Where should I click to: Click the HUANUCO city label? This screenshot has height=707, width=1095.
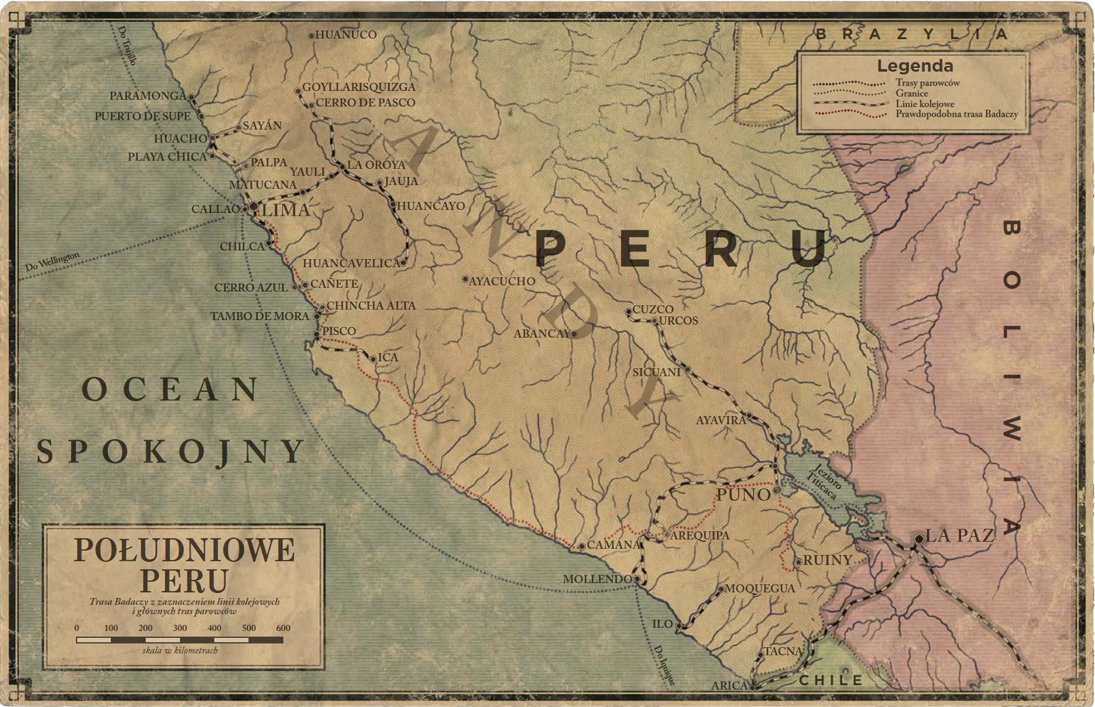(346, 35)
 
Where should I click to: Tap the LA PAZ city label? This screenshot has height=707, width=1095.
(959, 535)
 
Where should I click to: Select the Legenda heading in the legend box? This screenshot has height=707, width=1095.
(914, 66)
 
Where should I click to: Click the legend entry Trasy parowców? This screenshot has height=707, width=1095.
(927, 83)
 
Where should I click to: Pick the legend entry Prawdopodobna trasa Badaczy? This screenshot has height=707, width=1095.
(957, 114)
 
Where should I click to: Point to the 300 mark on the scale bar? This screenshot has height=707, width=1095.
(180, 628)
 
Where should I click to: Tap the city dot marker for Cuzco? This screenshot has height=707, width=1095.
(629, 310)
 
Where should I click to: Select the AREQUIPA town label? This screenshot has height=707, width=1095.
(699, 535)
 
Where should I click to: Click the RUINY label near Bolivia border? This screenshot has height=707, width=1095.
(827, 560)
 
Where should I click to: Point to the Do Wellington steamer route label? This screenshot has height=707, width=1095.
(52, 262)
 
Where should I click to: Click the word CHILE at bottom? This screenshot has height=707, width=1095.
(831, 680)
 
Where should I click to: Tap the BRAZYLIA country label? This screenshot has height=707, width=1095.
(912, 34)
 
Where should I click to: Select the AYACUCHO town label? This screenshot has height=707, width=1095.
(501, 281)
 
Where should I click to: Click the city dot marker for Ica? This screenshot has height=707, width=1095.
(372, 359)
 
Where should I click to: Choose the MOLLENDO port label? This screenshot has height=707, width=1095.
(597, 579)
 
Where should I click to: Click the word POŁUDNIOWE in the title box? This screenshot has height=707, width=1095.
(184, 551)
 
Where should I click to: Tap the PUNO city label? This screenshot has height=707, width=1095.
(743, 495)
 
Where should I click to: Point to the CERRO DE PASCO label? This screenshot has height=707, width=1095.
(365, 102)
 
